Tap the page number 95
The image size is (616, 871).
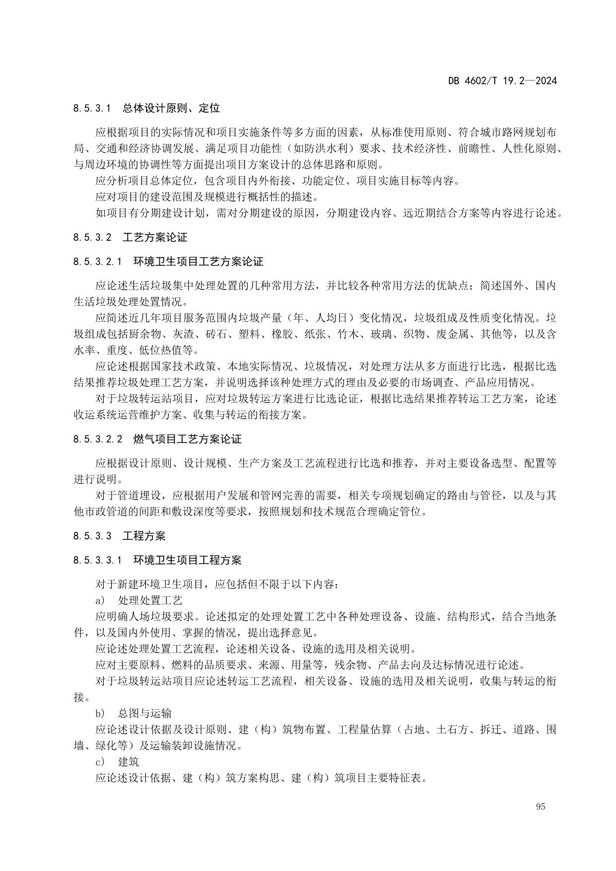[x=541, y=806]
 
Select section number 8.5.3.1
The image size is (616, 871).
[x=92, y=108]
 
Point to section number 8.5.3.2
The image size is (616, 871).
[x=92, y=237]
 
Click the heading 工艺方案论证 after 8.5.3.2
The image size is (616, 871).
[x=155, y=237]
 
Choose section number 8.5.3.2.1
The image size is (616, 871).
[x=97, y=262]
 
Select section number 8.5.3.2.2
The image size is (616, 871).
[x=97, y=439]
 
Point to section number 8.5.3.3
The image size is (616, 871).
[x=92, y=536]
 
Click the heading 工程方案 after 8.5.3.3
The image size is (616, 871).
[x=144, y=536]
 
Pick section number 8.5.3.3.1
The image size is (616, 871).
[x=97, y=560]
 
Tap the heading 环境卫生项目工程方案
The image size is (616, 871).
[x=187, y=560]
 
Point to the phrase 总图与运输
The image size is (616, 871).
[x=144, y=714]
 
